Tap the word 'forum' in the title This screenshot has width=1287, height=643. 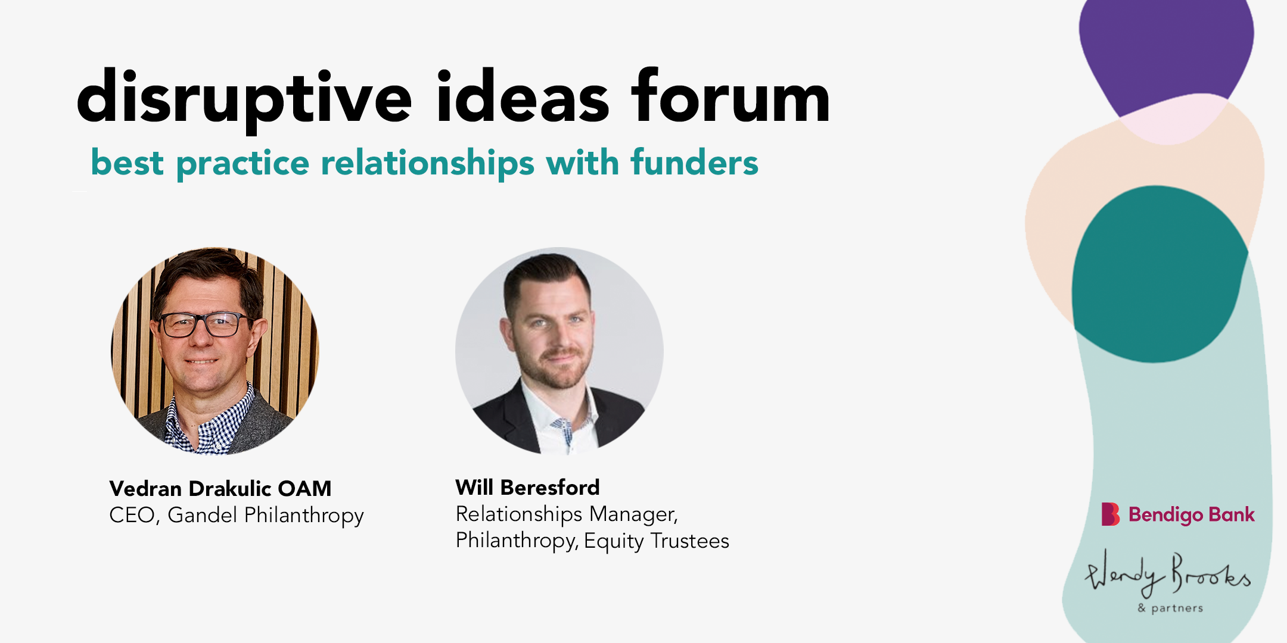click(x=730, y=95)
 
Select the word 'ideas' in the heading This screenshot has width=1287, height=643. click(x=523, y=95)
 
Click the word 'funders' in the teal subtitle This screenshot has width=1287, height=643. click(x=695, y=162)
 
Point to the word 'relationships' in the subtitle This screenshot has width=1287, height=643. click(x=428, y=164)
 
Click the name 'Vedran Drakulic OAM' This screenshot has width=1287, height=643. click(x=220, y=488)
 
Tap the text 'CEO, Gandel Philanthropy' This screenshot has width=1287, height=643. click(x=237, y=516)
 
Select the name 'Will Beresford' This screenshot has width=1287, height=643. click(x=527, y=487)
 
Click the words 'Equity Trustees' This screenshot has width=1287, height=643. click(x=657, y=541)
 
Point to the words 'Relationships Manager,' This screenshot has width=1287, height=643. click(x=567, y=514)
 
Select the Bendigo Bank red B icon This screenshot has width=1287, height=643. click(x=1110, y=514)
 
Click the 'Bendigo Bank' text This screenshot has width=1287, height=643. click(x=1192, y=514)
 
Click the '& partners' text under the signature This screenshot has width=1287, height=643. click(x=1170, y=608)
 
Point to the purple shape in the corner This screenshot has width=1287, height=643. click(x=1166, y=54)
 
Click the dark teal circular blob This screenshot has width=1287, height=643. click(x=1159, y=274)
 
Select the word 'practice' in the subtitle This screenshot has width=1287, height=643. click(x=243, y=164)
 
